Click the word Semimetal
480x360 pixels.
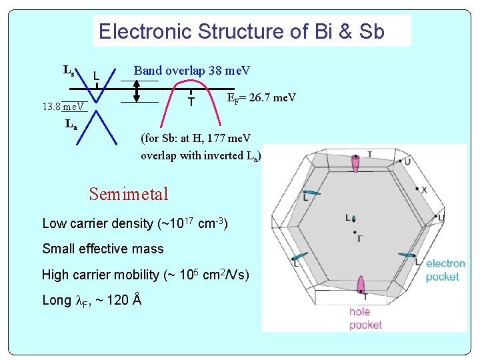129,194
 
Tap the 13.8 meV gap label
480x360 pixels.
63,106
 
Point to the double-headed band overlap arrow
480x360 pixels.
137,91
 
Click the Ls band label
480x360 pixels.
69,69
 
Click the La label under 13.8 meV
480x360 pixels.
71,124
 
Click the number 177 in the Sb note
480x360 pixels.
217,139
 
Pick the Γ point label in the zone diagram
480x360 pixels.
360,237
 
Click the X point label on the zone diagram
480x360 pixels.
424,190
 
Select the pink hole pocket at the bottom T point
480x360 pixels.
361,285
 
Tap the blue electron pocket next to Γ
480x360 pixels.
353,219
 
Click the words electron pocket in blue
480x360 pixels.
445,270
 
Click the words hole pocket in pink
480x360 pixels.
365,318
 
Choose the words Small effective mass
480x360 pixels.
103,249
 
